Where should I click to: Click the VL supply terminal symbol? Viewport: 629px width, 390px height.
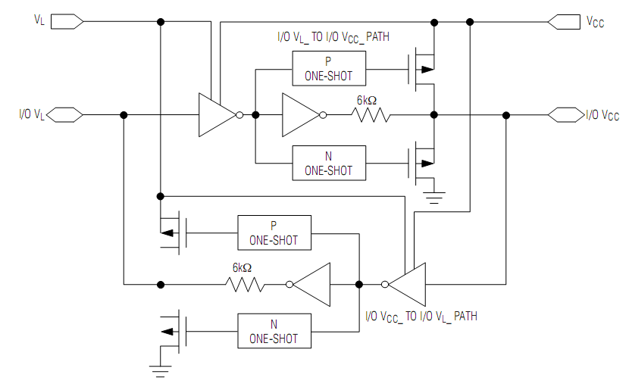[67, 22]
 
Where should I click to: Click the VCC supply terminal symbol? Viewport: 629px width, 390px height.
[564, 22]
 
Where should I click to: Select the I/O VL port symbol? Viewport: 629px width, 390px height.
[64, 115]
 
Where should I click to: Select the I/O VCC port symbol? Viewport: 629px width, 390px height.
[566, 115]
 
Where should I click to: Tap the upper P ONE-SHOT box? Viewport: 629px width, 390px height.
[329, 68]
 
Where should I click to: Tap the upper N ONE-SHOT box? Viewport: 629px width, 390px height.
[329, 163]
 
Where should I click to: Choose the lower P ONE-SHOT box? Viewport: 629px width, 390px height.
[274, 233]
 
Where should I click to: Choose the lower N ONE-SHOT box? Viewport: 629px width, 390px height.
[274, 331]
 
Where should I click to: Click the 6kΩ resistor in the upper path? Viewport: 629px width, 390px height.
[371, 115]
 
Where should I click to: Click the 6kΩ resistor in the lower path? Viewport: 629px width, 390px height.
[245, 285]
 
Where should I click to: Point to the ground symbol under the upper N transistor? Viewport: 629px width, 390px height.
[434, 198]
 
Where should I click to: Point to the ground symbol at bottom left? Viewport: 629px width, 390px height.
[160, 372]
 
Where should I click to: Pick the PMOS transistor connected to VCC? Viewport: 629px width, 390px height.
[421, 69]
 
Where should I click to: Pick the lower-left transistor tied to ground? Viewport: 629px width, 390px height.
[174, 332]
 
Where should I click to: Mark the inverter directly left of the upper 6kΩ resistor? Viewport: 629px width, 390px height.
[304, 115]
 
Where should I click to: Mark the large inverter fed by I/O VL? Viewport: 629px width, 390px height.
[221, 115]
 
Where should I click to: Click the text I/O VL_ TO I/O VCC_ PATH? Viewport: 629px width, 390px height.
[333, 38]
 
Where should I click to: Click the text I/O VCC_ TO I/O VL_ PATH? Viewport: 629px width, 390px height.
[421, 317]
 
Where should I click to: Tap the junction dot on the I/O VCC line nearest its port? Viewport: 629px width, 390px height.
[506, 115]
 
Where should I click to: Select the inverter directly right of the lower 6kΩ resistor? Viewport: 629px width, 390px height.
[308, 285]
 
